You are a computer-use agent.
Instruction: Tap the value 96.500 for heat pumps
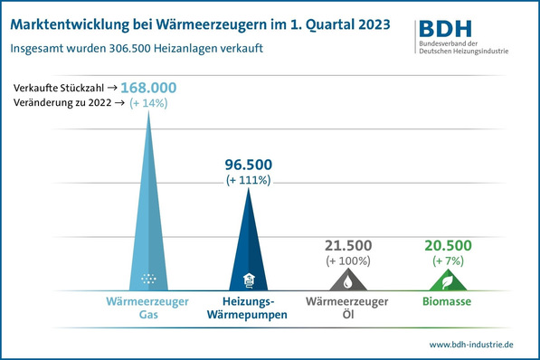tap(248, 165)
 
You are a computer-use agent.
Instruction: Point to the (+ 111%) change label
tap(248, 181)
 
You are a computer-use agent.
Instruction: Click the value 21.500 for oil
tap(349, 245)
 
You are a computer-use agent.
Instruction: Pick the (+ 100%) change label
tap(349, 261)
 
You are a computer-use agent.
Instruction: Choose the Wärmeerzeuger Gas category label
tap(148, 308)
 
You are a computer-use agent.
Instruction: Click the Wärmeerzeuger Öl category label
tap(349, 308)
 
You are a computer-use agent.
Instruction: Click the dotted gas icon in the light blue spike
tap(148, 278)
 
